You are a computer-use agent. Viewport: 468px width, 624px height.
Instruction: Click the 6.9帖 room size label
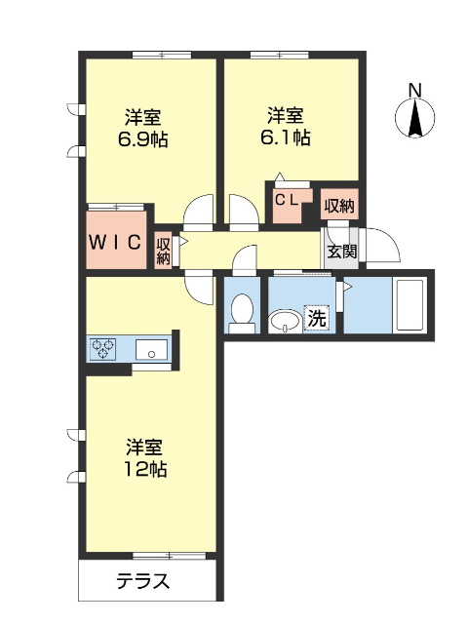click(142, 139)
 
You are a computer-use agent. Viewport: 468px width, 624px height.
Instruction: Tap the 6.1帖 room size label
click(286, 137)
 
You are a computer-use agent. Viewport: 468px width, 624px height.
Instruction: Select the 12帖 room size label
click(143, 470)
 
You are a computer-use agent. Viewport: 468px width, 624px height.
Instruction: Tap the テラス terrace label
click(143, 583)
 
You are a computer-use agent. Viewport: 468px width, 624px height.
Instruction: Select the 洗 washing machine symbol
click(317, 317)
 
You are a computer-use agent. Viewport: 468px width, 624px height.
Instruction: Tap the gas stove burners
click(105, 347)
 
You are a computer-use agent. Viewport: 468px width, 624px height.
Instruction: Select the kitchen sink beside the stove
click(151, 348)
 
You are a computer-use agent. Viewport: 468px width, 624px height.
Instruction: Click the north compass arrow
click(415, 119)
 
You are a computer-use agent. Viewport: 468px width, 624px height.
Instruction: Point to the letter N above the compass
click(415, 91)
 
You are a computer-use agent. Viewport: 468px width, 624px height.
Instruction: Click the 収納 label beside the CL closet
click(339, 206)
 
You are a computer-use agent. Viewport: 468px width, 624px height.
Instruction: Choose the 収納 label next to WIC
click(164, 251)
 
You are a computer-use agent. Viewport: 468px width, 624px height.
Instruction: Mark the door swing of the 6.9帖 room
click(199, 209)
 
